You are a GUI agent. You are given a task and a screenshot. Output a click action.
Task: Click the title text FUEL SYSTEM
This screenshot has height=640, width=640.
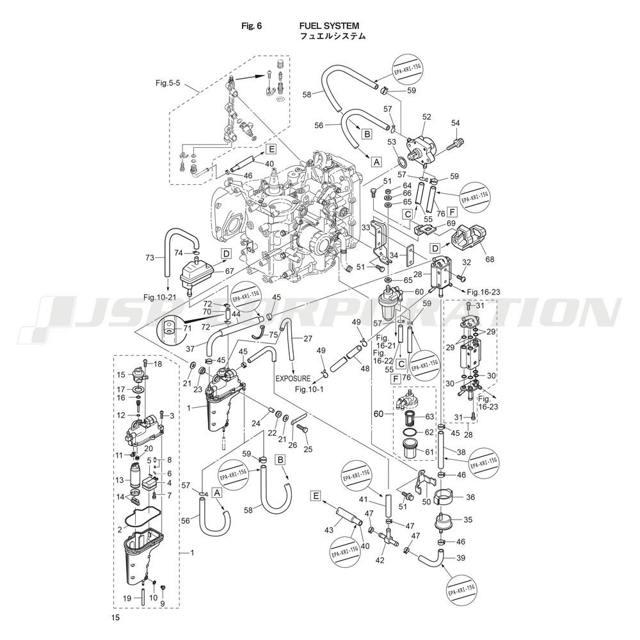point(329,26)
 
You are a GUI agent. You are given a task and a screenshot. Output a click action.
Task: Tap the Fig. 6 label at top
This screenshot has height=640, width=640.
point(252,26)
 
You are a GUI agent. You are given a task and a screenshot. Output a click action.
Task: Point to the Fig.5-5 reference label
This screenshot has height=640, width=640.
point(168,83)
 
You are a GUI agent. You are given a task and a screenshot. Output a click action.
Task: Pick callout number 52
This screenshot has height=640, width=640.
point(426,117)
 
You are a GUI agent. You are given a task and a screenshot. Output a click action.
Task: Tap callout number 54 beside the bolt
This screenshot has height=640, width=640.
point(456,123)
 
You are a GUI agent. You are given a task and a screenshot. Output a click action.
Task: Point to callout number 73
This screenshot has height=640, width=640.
point(150,258)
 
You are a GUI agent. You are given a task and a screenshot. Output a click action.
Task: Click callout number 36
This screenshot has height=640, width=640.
point(470,497)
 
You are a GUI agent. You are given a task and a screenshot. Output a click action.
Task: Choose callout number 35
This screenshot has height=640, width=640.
point(468,520)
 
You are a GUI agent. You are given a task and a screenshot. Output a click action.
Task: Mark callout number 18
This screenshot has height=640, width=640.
point(158,364)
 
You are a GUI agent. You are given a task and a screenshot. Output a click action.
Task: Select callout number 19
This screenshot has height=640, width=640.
point(127,598)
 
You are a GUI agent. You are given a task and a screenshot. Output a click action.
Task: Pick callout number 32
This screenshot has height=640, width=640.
point(467,262)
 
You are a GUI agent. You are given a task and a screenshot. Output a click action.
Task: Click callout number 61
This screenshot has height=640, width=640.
point(429,452)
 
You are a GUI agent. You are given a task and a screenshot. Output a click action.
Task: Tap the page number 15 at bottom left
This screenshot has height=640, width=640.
point(115,618)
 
